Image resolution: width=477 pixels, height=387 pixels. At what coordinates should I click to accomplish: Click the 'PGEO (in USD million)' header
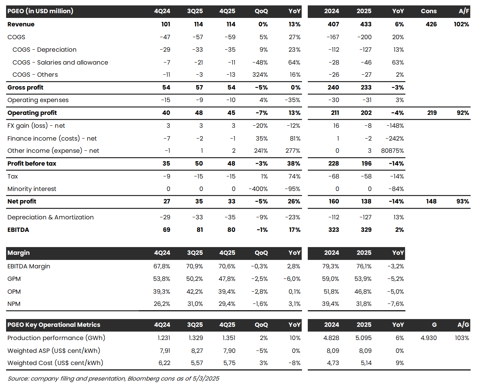40,11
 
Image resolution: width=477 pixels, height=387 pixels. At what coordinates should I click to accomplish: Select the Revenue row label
21,24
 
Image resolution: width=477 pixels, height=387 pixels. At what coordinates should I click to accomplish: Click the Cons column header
429,11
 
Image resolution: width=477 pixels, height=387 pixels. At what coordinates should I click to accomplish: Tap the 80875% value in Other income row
392,151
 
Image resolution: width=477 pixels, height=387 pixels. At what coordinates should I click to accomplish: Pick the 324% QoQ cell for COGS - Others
260,75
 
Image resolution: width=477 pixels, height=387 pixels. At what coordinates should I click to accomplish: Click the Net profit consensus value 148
431,201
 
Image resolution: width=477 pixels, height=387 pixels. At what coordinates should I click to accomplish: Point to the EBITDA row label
18,230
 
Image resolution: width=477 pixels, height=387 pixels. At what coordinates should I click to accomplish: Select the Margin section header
19,253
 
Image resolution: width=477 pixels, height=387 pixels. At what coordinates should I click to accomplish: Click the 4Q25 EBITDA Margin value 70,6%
227,266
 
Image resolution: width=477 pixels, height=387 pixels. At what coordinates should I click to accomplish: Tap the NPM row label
14,304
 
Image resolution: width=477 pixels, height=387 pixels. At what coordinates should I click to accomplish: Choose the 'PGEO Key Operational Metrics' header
54,325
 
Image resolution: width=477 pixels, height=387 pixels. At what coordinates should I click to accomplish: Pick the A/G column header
463,325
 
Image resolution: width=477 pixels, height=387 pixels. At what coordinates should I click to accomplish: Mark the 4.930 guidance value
428,338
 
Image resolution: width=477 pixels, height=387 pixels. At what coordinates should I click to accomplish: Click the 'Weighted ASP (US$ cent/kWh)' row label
54,351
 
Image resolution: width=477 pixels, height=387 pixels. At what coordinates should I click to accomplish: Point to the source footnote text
114,379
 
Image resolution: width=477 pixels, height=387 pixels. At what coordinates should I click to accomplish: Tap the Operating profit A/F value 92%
462,113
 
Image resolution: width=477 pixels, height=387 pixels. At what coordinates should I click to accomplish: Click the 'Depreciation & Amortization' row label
51,217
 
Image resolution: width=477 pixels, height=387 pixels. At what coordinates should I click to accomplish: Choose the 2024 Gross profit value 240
333,88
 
